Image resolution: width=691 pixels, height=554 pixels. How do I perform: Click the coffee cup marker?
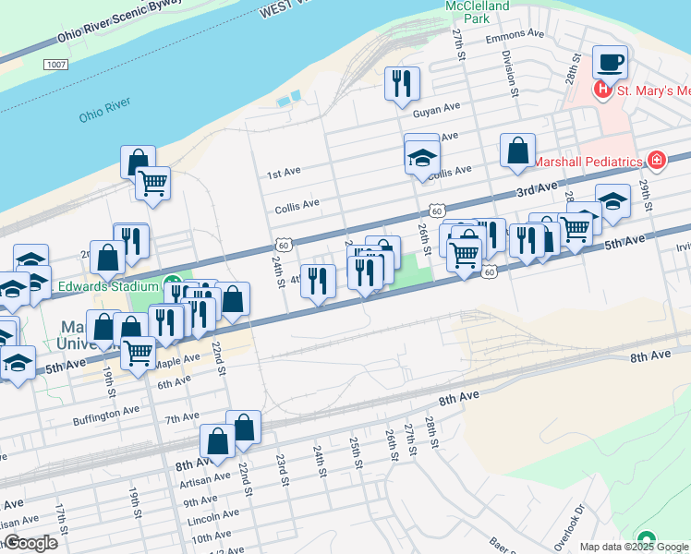[610, 63]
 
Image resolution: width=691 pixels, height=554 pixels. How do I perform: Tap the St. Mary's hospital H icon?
[602, 90]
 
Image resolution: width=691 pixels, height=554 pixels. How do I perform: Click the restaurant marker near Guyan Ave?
[402, 84]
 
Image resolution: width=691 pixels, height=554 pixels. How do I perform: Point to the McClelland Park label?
[479, 11]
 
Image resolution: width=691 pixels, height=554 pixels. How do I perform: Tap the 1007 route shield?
[55, 65]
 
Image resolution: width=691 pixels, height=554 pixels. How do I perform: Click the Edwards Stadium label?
[103, 286]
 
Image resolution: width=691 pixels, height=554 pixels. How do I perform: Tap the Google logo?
[30, 543]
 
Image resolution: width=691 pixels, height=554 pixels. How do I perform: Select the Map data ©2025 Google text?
[633, 547]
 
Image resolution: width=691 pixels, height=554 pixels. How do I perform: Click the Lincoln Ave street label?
[213, 518]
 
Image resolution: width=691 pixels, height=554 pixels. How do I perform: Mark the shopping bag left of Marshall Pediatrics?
[517, 151]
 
